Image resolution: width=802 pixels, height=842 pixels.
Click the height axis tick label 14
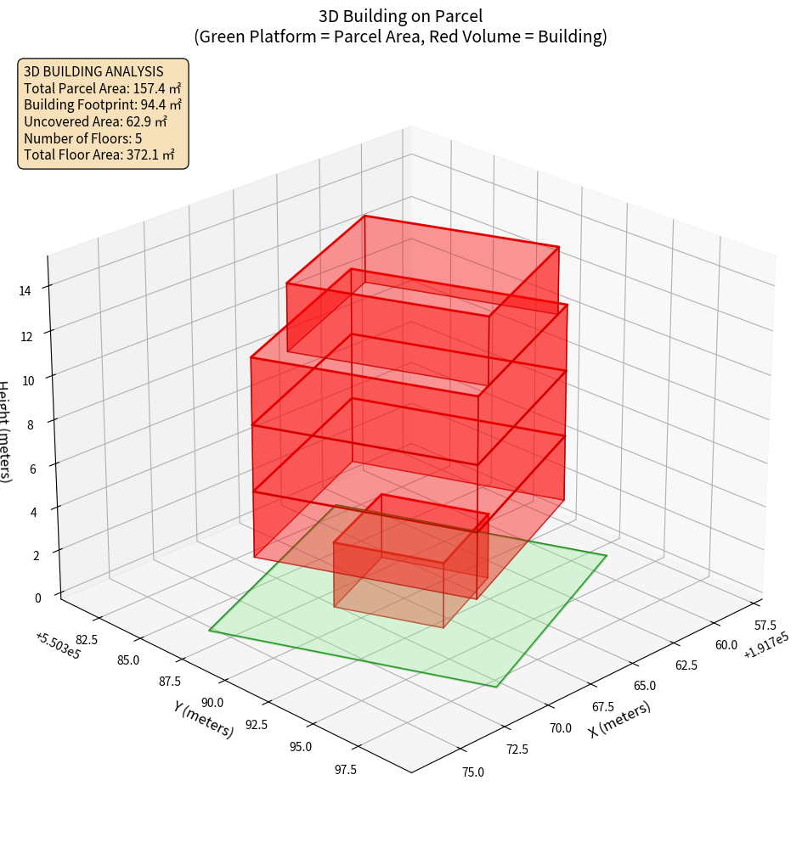click(x=25, y=290)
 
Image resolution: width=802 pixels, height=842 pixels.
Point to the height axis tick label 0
click(x=37, y=598)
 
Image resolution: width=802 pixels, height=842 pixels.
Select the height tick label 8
click(x=31, y=424)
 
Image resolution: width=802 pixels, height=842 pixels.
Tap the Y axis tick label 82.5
click(x=86, y=639)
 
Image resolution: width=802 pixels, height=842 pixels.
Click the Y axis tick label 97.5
click(x=346, y=770)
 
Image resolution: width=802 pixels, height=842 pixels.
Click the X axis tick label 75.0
click(x=473, y=772)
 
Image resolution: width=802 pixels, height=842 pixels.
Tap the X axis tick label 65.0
click(x=645, y=686)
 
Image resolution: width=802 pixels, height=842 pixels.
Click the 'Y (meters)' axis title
click(x=204, y=718)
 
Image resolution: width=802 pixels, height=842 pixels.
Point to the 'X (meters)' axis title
click(x=620, y=719)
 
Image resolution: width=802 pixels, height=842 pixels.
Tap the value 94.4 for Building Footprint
click(x=158, y=104)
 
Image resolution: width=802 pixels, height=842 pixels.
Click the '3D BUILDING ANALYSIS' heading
click(x=93, y=71)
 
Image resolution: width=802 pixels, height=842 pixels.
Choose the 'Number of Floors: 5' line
click(x=83, y=138)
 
